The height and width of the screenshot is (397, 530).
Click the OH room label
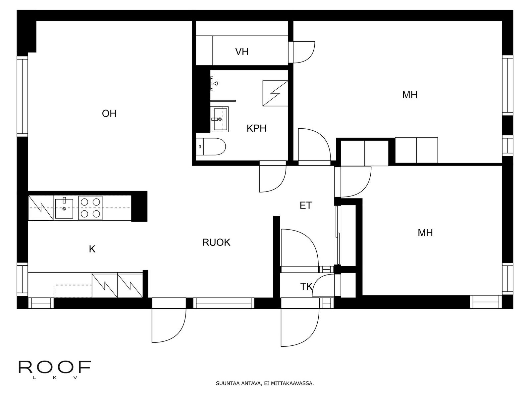click(109, 113)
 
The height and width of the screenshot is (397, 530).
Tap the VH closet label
click(242, 52)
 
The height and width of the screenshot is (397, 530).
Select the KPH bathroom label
click(256, 128)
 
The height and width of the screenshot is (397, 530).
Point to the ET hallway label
click(305, 205)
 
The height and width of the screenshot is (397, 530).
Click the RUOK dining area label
click(216, 243)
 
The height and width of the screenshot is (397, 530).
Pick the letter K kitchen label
click(92, 249)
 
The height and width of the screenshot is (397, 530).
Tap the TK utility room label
click(306, 287)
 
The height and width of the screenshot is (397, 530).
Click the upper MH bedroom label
click(409, 95)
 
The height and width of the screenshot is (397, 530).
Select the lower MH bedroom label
click(425, 233)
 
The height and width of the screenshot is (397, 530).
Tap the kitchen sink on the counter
click(64, 208)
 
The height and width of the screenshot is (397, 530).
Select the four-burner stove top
click(90, 208)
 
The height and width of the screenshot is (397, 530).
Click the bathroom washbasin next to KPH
click(220, 119)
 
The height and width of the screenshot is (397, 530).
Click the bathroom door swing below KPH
click(272, 179)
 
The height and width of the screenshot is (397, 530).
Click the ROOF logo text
click(55, 367)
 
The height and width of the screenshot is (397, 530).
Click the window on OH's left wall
click(23, 96)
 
